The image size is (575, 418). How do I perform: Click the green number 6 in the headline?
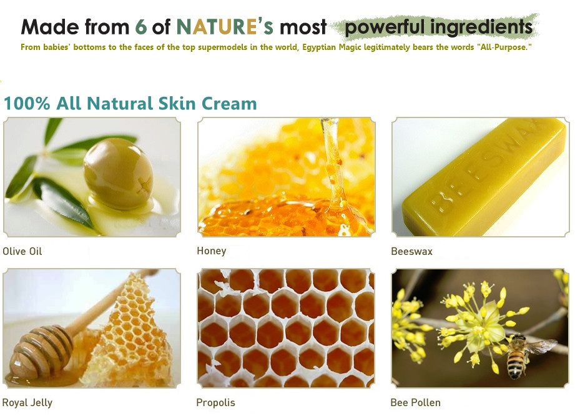141,27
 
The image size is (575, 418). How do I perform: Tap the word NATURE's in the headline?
225,26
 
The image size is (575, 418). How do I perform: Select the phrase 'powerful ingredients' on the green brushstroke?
438,27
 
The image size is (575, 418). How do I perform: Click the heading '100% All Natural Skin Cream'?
130,104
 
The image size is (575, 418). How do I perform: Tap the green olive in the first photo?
119,174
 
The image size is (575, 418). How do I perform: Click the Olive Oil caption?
22,251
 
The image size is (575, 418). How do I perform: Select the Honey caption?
212,251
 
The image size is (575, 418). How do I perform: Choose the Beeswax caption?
412,251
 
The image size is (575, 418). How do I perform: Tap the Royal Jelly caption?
27,403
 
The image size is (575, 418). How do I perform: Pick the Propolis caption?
215,402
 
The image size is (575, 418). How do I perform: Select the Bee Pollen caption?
415,402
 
